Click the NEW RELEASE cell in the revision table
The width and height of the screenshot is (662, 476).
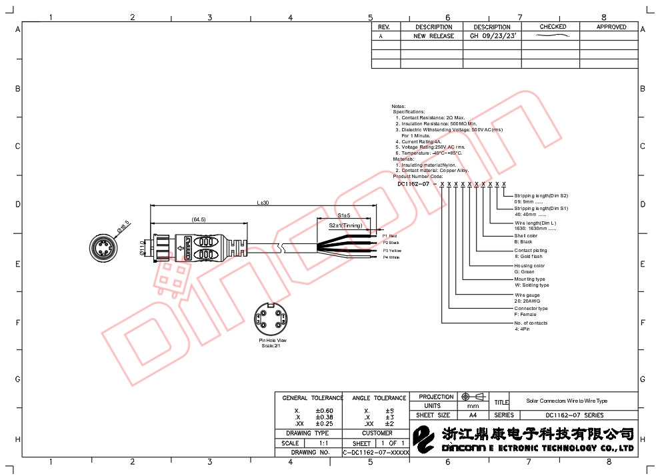point(433,36)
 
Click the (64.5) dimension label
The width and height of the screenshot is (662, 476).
point(198,219)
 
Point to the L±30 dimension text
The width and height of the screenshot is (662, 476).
point(263,203)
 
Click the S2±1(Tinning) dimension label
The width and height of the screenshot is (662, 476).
point(345,225)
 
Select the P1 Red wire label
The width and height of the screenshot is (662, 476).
point(389,236)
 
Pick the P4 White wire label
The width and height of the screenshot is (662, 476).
point(390,257)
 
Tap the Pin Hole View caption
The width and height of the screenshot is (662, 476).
point(273,341)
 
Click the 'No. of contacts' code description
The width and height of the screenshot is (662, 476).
point(531,323)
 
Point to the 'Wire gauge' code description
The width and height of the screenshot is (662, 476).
point(527,295)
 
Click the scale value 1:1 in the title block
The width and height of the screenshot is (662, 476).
point(324,443)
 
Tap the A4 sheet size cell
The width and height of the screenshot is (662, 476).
point(473,415)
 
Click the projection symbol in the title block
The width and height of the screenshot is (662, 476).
point(472,397)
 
